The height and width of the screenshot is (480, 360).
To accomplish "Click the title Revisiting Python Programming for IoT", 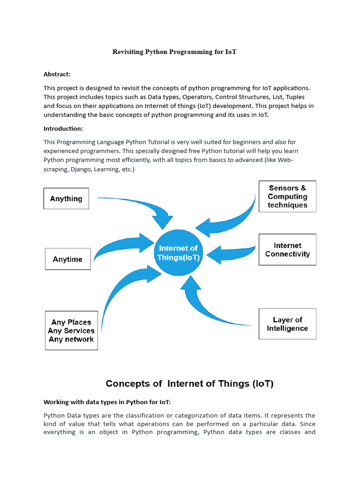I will (x=174, y=52).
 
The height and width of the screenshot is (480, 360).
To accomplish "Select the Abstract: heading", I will (x=57, y=74).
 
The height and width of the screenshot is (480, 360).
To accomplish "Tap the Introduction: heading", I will (x=63, y=128).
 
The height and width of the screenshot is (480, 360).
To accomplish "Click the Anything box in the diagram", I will (x=66, y=198).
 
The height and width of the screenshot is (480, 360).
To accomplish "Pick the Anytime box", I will (x=67, y=259).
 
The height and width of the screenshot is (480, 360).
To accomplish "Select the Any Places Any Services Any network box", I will (x=71, y=330).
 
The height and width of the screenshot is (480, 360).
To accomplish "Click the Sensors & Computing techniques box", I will (x=287, y=196).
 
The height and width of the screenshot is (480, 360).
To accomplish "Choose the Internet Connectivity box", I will (x=287, y=250).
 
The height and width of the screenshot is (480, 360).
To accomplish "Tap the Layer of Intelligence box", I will (x=287, y=324).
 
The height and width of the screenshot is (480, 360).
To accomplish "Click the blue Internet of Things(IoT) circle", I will (x=178, y=253).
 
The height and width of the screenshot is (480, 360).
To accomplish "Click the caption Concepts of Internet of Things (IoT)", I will (x=189, y=383).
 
